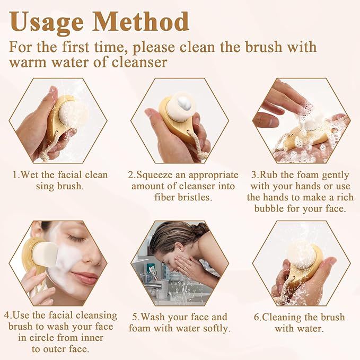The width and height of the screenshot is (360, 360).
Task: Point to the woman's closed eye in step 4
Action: [x=76, y=238]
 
